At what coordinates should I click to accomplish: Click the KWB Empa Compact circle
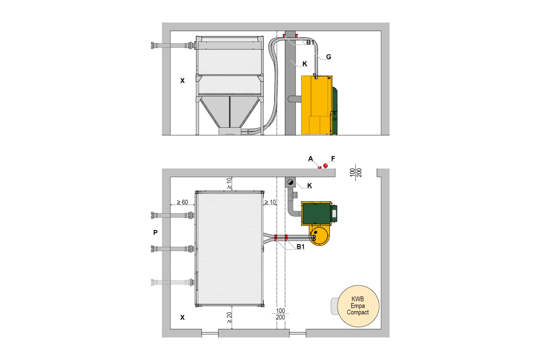(358, 306)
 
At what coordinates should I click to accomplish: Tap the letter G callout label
(329, 56)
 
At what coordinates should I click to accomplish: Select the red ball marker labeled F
(326, 166)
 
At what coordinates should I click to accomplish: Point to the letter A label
(310, 159)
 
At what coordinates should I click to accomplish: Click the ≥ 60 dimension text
(182, 202)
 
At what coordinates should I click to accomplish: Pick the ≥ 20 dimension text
(229, 317)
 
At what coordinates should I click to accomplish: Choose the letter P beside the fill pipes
(156, 232)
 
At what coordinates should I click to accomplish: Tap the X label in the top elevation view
(183, 81)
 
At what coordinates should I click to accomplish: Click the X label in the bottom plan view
(183, 317)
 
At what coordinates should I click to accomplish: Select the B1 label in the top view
(310, 42)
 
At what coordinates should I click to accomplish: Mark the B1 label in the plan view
(301, 247)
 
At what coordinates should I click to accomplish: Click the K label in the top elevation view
(305, 64)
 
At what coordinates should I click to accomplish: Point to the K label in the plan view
(310, 185)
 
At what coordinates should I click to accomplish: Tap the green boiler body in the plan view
(317, 213)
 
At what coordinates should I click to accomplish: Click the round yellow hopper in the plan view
(319, 235)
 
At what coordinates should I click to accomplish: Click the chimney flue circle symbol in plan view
(291, 182)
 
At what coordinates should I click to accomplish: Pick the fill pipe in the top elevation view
(173, 46)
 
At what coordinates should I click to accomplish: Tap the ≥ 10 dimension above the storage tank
(229, 183)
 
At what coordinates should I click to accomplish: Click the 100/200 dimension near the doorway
(356, 172)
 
